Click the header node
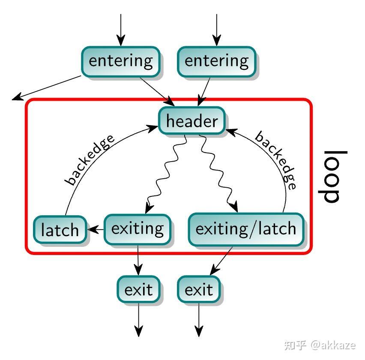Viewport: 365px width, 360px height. pyautogui.click(x=191, y=121)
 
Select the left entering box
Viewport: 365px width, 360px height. pyautogui.click(x=120, y=61)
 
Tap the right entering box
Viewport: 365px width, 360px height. pyautogui.click(x=216, y=61)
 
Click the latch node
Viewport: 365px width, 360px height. pyautogui.click(x=60, y=230)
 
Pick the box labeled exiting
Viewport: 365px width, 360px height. pyautogui.click(x=138, y=228)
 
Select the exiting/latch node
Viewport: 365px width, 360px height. pyautogui.click(x=246, y=228)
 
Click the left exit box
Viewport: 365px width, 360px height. pyautogui.click(x=138, y=290)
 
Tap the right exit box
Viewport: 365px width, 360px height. pyautogui.click(x=198, y=290)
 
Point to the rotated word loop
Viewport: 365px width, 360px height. pyautogui.click(x=333, y=176)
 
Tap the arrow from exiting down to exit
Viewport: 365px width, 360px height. pyautogui.click(x=138, y=260)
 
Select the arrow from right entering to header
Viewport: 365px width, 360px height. pyautogui.click(x=204, y=91)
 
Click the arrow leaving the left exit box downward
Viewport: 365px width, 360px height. pyautogui.click(x=138, y=319)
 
